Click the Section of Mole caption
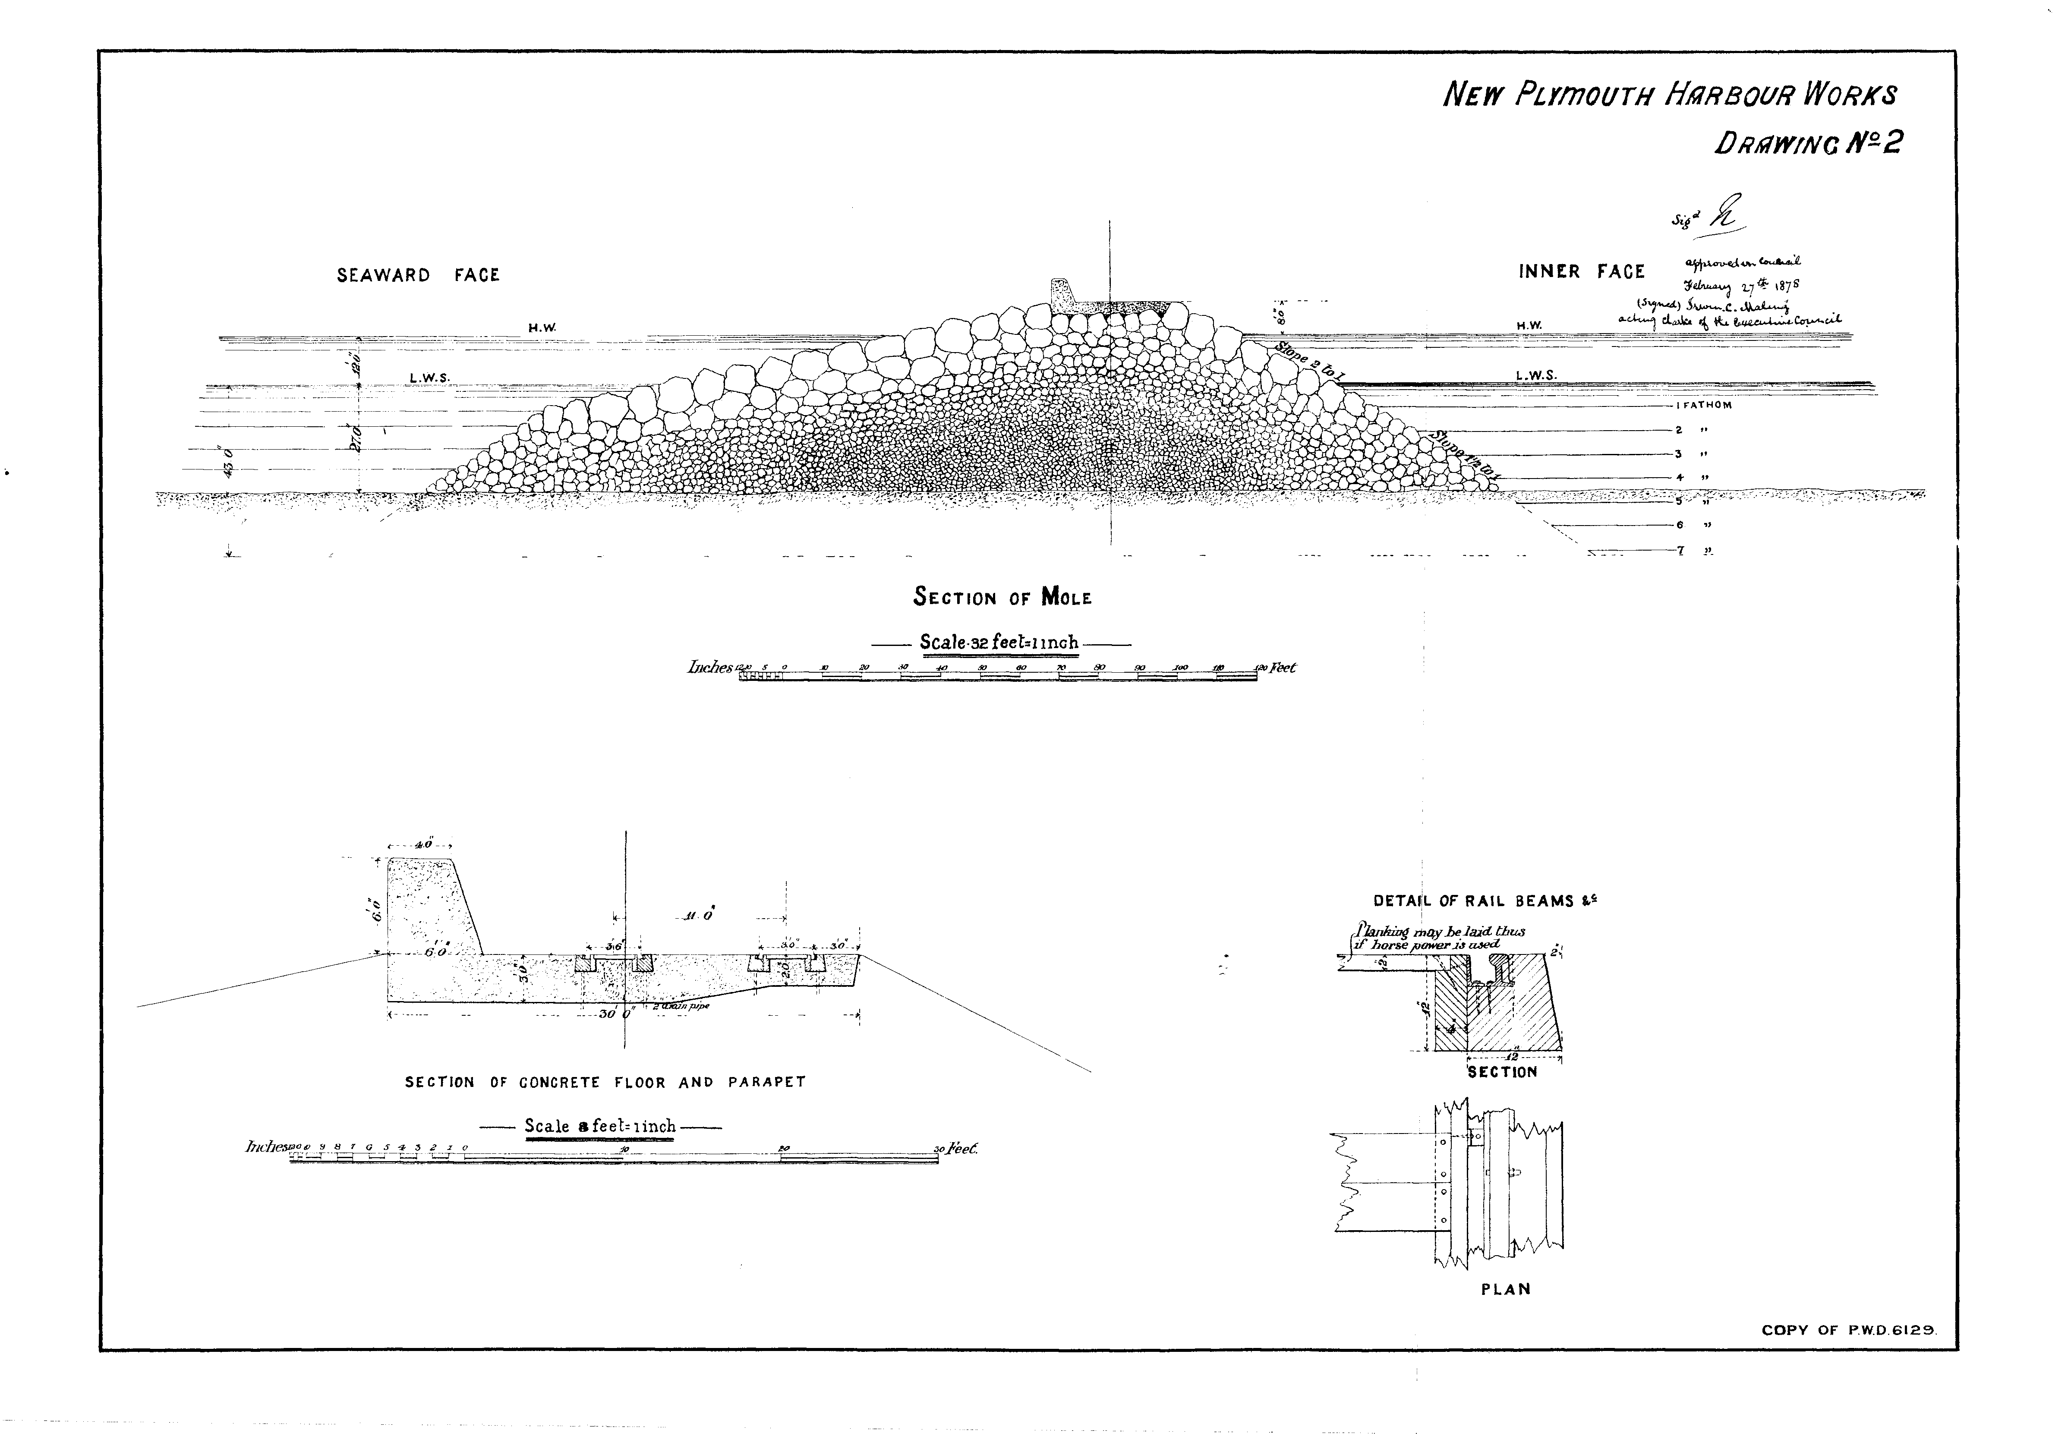pos(1002,598)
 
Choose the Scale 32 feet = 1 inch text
pos(999,643)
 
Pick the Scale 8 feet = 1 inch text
pos(600,1127)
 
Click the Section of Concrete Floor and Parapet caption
pos(605,1083)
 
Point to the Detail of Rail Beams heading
pos(1485,901)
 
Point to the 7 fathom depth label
pos(1680,551)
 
